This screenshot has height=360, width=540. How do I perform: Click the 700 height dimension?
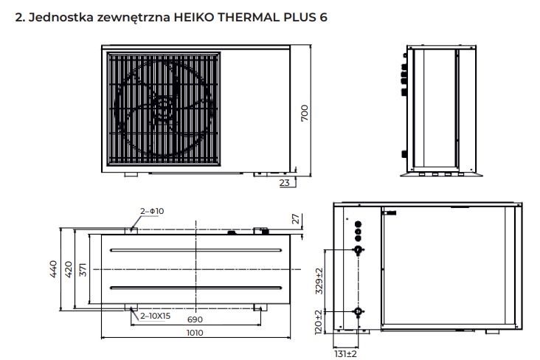pos(305,113)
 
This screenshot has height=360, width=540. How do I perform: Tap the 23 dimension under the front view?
pos(285,183)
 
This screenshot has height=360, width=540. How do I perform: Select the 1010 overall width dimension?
pos(195,333)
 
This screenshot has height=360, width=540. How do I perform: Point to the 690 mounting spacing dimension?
pos(195,319)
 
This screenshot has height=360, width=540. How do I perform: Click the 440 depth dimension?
pos(53,269)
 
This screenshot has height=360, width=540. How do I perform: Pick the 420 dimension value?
pos(69,269)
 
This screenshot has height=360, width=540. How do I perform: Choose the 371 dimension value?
pos(83,269)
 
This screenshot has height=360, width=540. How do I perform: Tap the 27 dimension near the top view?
pos(296,219)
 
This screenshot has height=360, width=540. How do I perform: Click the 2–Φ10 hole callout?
pos(152,211)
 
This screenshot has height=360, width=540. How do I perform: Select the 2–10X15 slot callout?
pos(155,316)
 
